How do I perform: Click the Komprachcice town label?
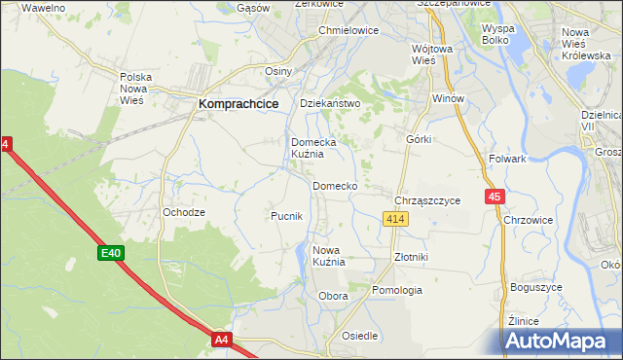238,102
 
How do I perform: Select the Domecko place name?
335,186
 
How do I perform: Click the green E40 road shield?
110,254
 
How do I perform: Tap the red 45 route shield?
495,197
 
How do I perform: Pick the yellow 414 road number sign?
394,221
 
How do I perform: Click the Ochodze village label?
184,212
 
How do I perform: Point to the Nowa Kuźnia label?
329,256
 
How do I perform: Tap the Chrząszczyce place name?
427,200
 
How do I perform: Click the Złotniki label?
410,257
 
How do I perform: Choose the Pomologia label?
397,290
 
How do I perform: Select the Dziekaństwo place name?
330,103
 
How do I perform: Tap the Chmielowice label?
348,30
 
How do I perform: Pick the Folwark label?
508,159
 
